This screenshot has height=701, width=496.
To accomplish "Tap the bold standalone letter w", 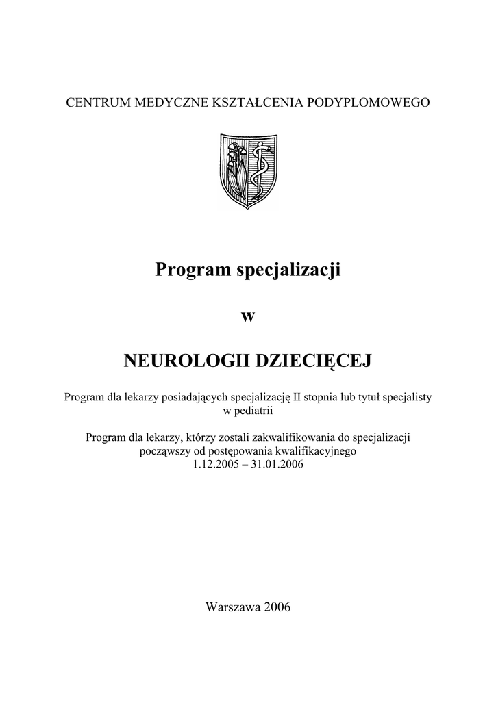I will (248, 316).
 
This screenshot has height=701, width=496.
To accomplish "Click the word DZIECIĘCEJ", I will (313, 360).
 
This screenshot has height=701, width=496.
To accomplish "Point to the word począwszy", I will (163, 451).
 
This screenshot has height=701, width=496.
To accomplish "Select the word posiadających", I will (195, 398).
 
